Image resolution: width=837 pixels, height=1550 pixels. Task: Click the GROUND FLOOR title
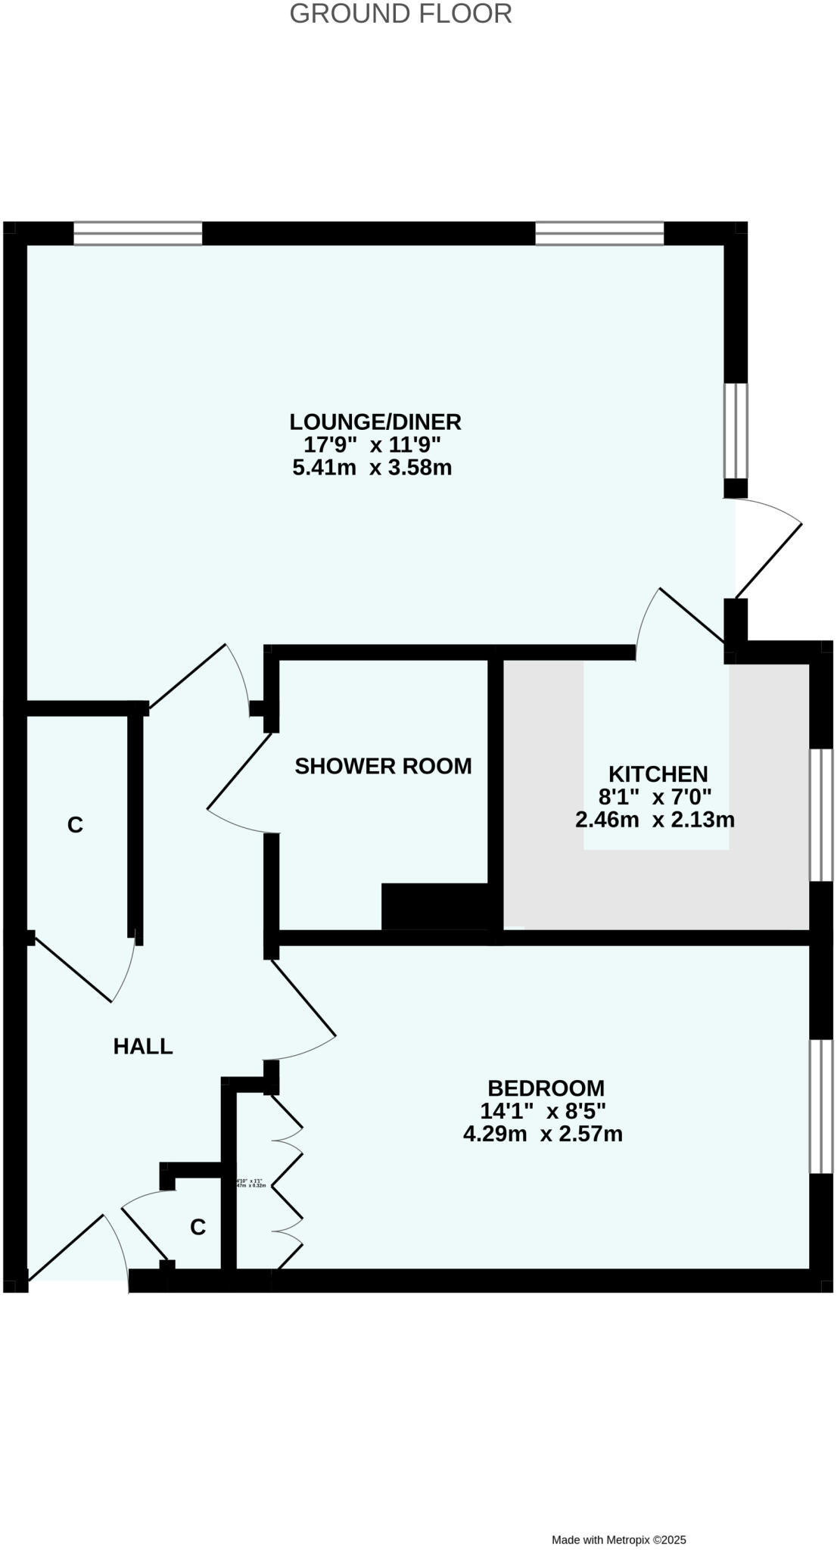tap(400, 14)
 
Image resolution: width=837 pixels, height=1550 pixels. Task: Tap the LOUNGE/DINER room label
tap(375, 422)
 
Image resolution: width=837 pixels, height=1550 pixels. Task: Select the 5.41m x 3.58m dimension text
tap(372, 468)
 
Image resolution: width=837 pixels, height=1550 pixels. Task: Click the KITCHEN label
tap(658, 773)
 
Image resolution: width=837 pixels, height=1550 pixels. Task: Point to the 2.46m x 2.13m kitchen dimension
tap(655, 820)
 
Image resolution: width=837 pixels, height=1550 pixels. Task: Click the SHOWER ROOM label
tap(383, 766)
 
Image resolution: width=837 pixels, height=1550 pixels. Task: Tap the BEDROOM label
tap(546, 1088)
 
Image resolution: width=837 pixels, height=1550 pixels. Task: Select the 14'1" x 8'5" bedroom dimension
tap(543, 1110)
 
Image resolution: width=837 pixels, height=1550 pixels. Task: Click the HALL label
tap(143, 1046)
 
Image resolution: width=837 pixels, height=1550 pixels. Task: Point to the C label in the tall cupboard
tap(75, 825)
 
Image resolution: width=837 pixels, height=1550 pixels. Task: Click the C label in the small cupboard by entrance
tap(198, 1227)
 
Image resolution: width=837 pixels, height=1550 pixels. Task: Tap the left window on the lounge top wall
tap(138, 233)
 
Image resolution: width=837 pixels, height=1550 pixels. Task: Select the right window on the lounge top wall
tap(599, 233)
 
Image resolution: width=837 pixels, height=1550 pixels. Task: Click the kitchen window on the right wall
tap(821, 815)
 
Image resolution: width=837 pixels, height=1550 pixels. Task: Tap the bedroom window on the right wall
tap(821, 1106)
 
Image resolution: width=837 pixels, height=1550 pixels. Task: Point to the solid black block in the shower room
tap(435, 906)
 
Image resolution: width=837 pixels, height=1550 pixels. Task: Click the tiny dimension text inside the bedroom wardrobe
tap(251, 1183)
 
